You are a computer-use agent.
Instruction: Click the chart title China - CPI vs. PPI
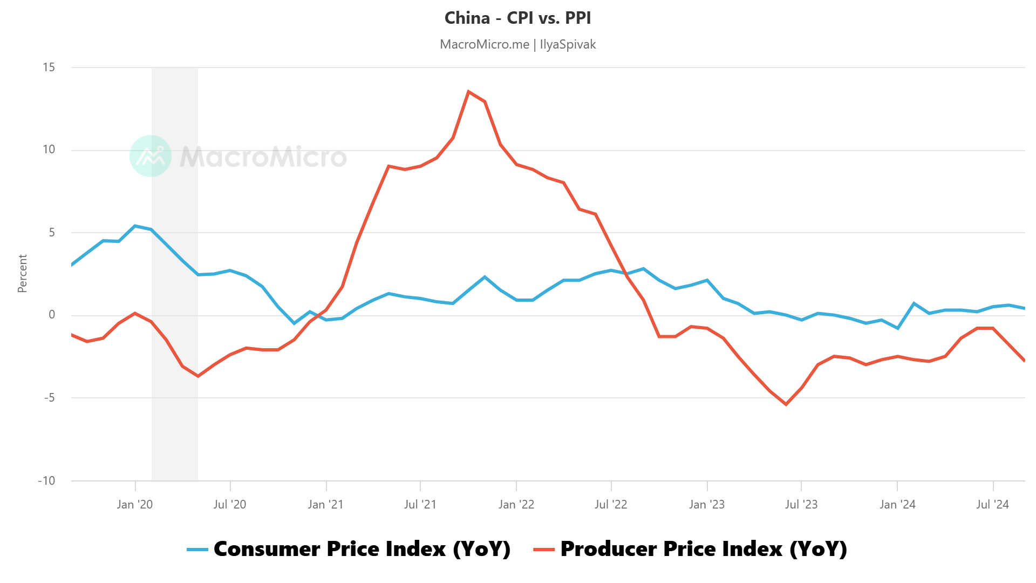[x=517, y=18]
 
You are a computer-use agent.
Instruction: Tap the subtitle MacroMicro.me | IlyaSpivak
[x=517, y=44]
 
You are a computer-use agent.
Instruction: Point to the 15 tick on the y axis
[x=49, y=67]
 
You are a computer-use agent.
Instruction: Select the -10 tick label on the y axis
[x=46, y=480]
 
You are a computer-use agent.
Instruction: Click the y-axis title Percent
[x=22, y=274]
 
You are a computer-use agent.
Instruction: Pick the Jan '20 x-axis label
[x=135, y=504]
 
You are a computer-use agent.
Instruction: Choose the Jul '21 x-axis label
[x=420, y=504]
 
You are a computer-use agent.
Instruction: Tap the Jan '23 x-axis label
[x=707, y=504]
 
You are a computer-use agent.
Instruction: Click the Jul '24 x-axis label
[x=992, y=504]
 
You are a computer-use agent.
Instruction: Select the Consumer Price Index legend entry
[x=362, y=549]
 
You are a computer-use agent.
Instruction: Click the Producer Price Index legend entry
[x=703, y=549]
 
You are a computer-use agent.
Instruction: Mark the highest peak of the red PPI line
[x=468, y=92]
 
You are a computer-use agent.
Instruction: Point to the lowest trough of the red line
[x=786, y=404]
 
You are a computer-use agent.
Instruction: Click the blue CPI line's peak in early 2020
[x=135, y=226]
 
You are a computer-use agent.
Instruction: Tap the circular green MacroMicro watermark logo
[x=151, y=156]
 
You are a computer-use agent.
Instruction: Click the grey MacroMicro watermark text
[x=263, y=157]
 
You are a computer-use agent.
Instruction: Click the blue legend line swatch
[x=197, y=550]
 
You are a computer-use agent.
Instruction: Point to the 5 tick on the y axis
[x=52, y=233]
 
